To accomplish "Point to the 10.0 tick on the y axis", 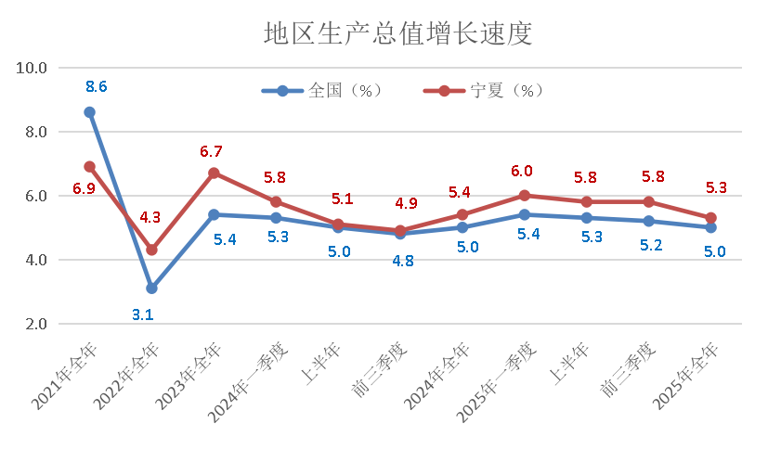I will [32, 68].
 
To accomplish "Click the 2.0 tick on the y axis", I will [35, 324].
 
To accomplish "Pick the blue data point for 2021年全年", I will [89, 112].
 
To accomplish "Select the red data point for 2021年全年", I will [89, 167].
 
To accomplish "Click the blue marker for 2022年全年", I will [151, 289].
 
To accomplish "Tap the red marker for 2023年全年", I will [214, 173].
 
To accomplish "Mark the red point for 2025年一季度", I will [524, 196].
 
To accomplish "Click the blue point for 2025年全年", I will [710, 227].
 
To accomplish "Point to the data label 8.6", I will [97, 87].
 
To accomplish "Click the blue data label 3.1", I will [143, 314].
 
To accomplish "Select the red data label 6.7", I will [212, 151].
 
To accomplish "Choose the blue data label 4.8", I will [402, 260].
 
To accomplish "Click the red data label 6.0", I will [522, 172].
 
